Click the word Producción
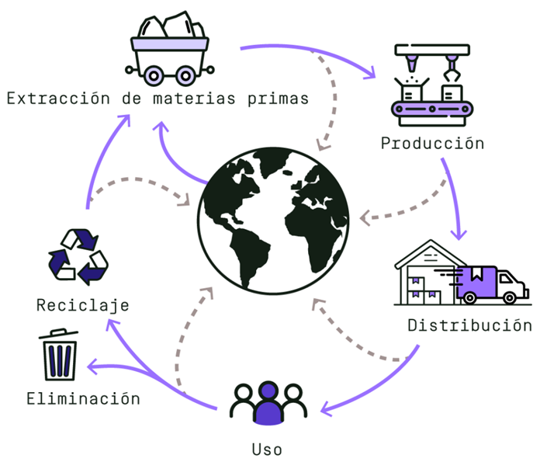click(x=432, y=144)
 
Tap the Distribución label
click(x=469, y=325)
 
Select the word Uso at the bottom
click(x=267, y=450)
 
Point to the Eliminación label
click(x=83, y=398)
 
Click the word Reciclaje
click(x=83, y=305)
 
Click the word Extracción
click(x=58, y=99)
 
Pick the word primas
click(x=278, y=99)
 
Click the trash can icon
click(x=58, y=354)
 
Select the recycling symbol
click(x=78, y=257)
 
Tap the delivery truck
click(x=491, y=285)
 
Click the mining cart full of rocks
click(x=169, y=48)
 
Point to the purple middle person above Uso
click(x=268, y=404)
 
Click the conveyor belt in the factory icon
click(x=432, y=109)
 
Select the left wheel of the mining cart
click(x=154, y=75)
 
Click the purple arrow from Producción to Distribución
click(x=454, y=196)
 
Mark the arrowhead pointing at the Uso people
click(x=325, y=409)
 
